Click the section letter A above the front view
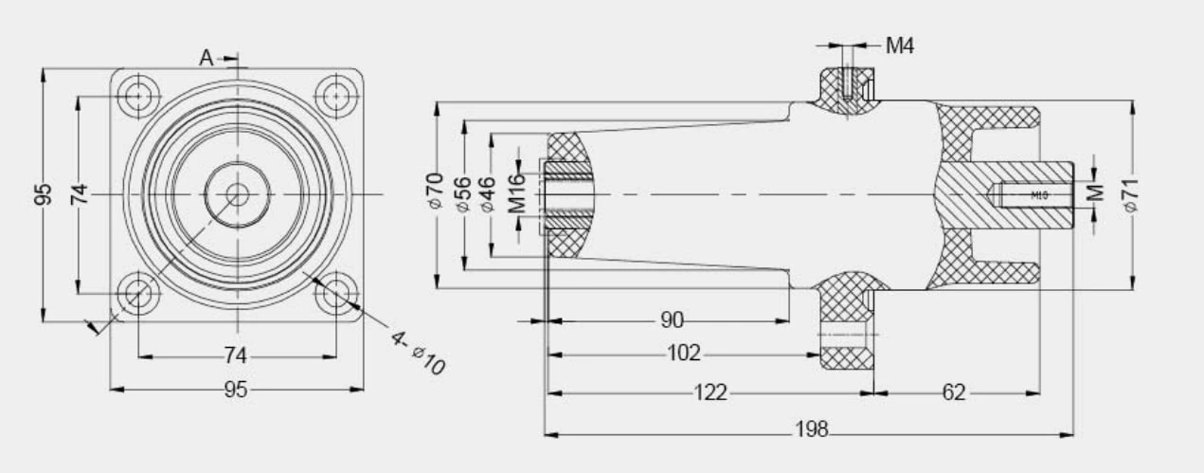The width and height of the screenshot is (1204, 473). coord(207,58)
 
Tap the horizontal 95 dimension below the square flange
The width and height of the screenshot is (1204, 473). coord(236,390)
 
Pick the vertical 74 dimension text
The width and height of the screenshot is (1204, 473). coord(81,195)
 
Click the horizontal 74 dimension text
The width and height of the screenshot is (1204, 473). coord(236,356)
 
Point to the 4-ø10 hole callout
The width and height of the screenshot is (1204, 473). coord(418,352)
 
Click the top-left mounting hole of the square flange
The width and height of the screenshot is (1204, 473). coord(138,96)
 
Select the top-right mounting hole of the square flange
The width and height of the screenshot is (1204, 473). coord(336,96)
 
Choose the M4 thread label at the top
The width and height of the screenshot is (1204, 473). coord(899,45)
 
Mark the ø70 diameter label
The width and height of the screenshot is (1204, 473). coord(435,192)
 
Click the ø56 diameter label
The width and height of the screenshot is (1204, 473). coord(462,192)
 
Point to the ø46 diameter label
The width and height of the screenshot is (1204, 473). coord(489,192)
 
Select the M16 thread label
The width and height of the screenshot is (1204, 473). coord(516,193)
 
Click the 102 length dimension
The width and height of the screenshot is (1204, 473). coord(683,355)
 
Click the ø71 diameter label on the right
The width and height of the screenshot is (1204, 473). coord(1130,193)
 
